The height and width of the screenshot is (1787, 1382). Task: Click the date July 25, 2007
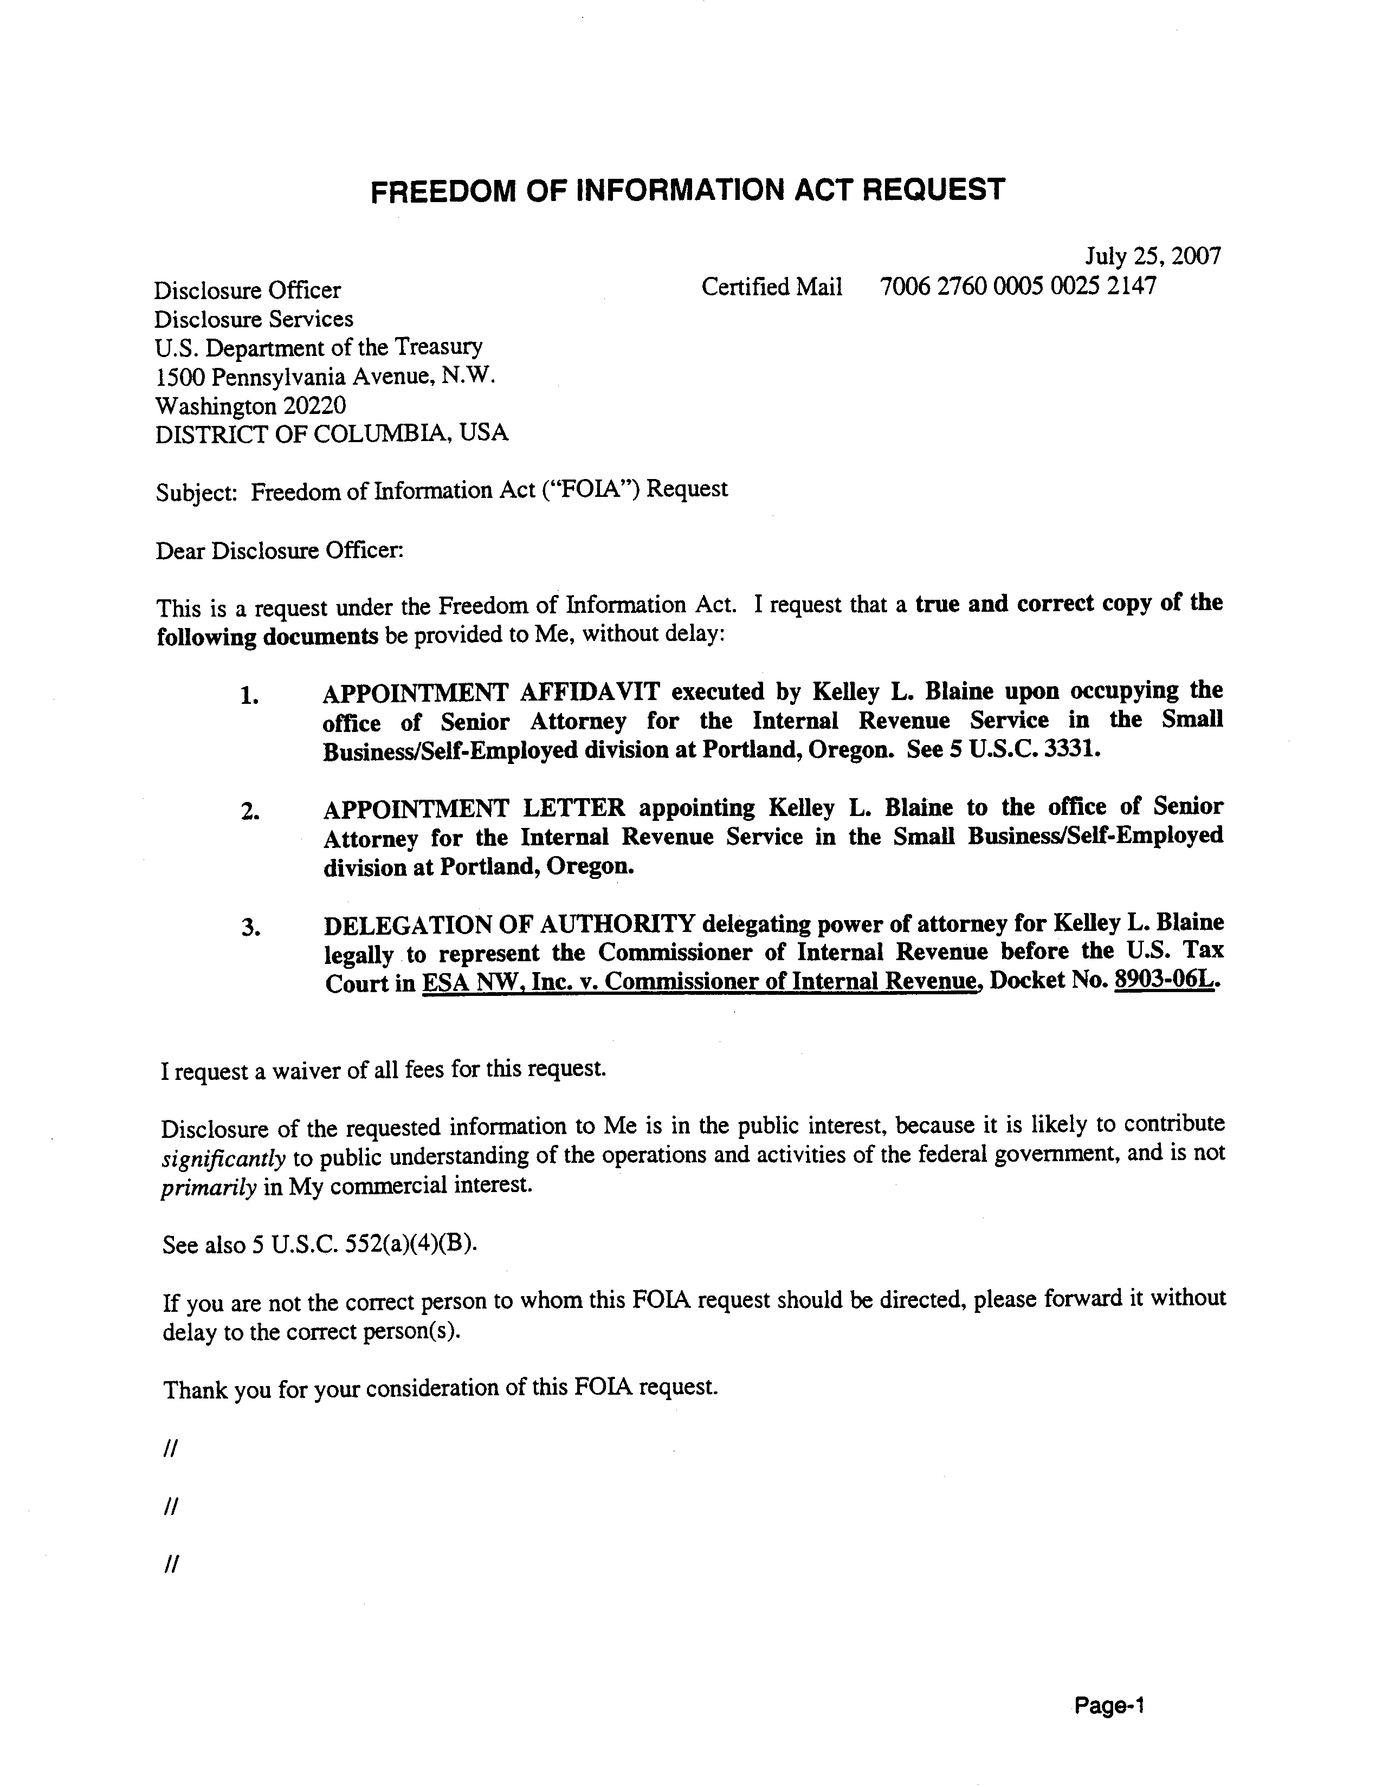[x=1152, y=256]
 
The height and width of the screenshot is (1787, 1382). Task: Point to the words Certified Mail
[x=772, y=287]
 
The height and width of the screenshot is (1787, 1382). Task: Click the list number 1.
[x=249, y=697]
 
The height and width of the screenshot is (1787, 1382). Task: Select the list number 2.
[x=249, y=813]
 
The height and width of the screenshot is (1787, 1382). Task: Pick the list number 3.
[x=249, y=928]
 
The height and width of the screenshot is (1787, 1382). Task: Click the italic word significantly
[x=223, y=1158]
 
